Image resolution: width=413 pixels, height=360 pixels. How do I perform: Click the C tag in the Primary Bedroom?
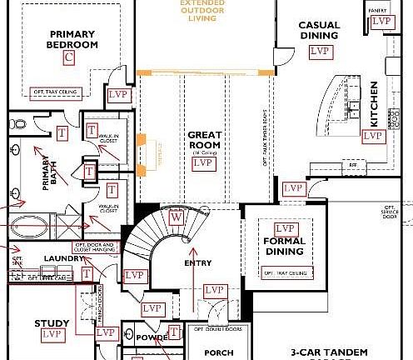click(69, 57)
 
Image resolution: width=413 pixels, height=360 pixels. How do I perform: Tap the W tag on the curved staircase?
click(175, 217)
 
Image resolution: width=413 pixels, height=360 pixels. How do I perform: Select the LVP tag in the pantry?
click(381, 22)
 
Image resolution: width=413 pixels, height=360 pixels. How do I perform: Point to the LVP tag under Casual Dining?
click(319, 52)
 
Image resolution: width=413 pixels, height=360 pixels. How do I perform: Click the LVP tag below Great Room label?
click(202, 164)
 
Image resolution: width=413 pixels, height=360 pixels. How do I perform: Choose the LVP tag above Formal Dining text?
click(286, 228)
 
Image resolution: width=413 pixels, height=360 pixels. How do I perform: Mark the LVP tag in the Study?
click(52, 334)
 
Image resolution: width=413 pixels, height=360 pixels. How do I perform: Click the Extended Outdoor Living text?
click(205, 9)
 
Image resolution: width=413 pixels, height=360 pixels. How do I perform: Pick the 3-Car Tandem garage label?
click(334, 352)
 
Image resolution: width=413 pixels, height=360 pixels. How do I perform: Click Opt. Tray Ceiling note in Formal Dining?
click(285, 272)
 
